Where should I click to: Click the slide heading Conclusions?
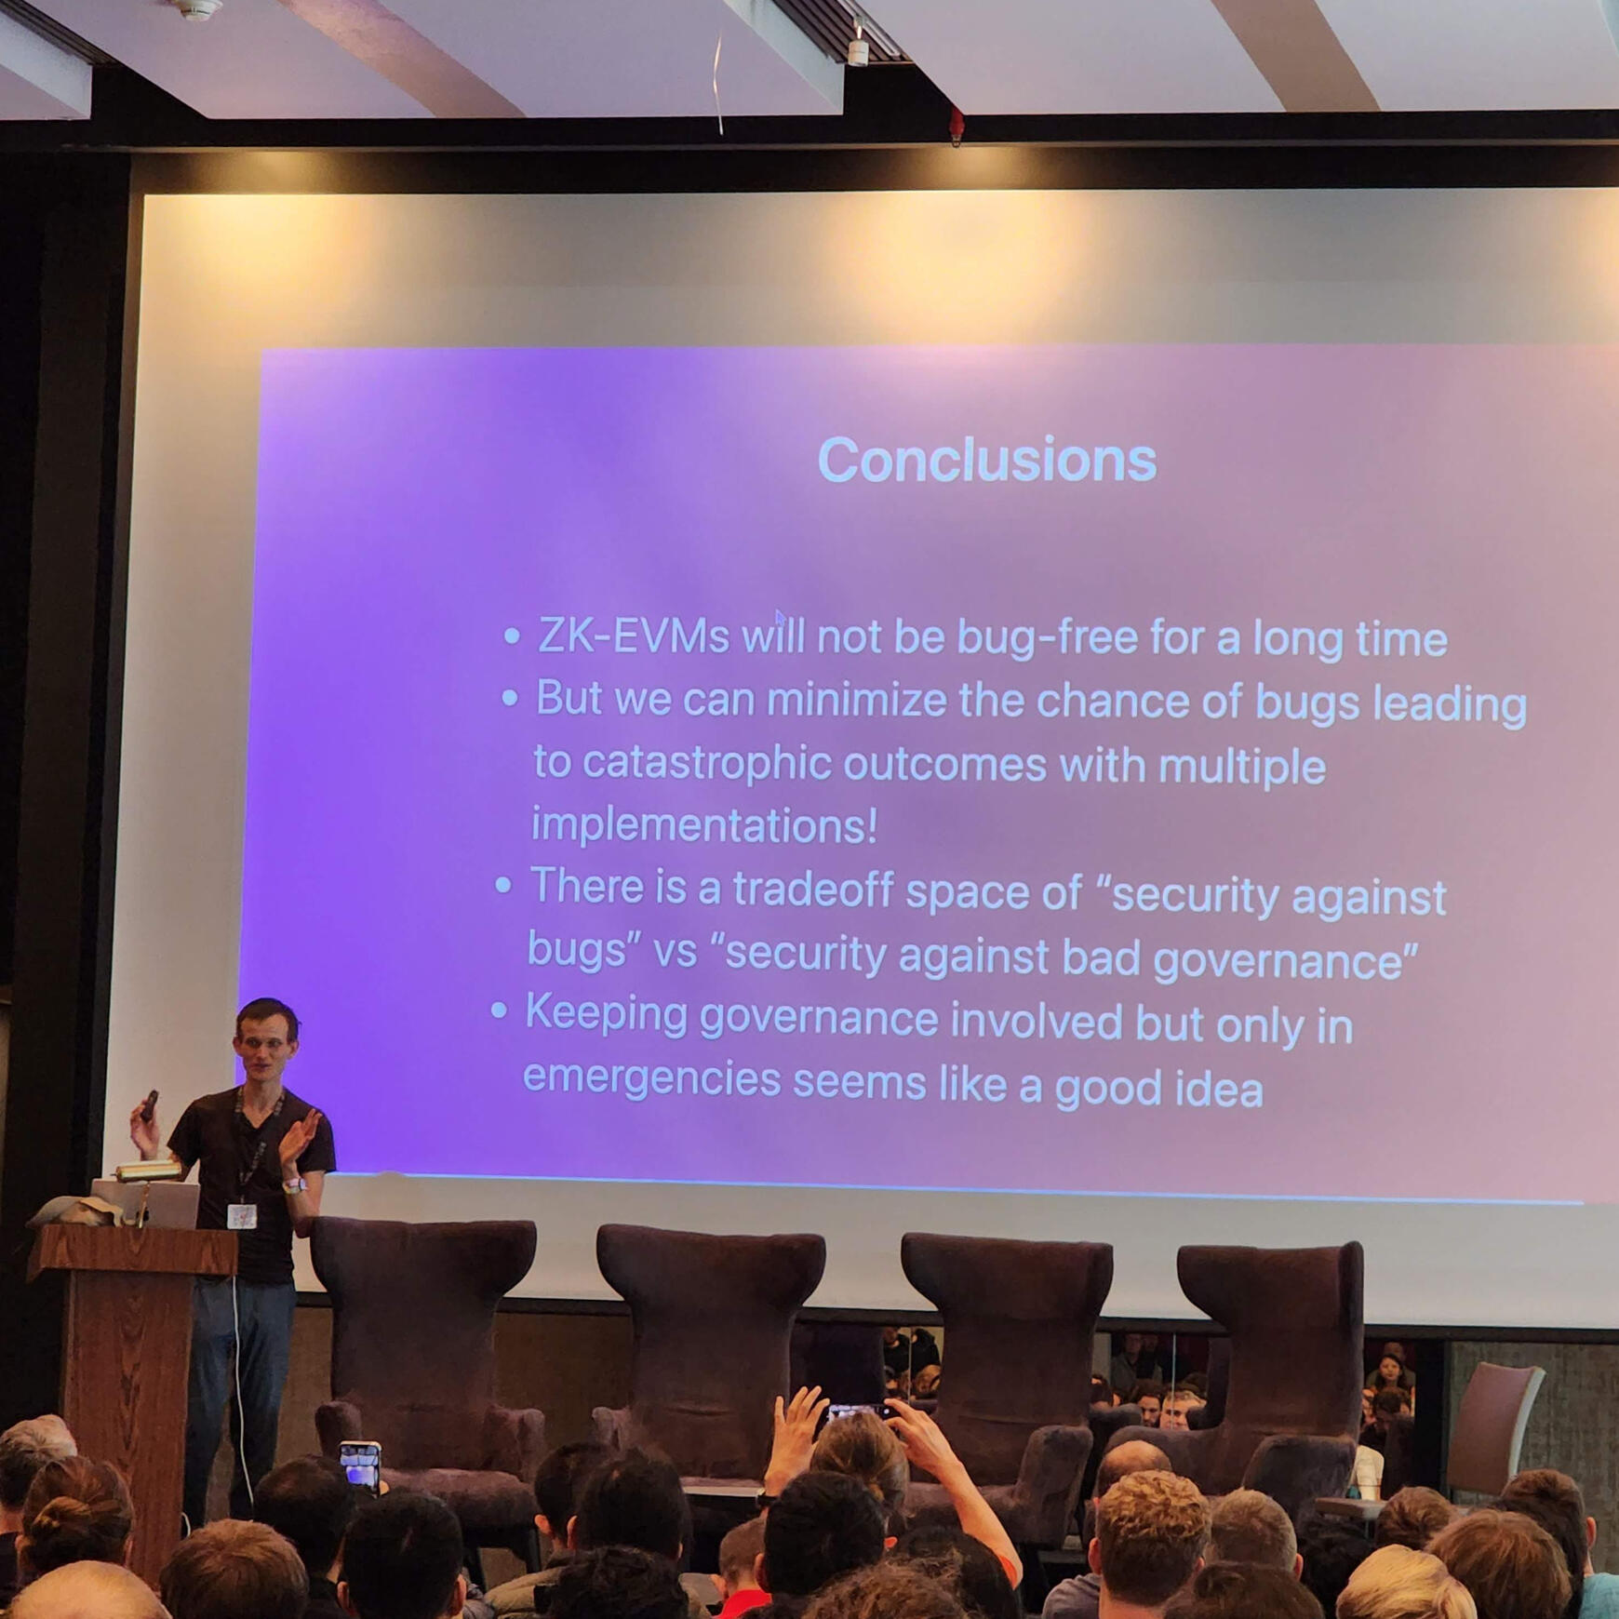[x=987, y=460]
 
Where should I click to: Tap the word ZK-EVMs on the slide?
[x=633, y=636]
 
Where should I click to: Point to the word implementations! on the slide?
[x=704, y=824]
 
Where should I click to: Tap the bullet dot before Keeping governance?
[x=499, y=1010]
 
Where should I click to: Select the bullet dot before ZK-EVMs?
[x=512, y=636]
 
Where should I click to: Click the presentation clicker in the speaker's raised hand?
[x=149, y=1105]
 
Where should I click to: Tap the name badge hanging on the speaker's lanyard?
[x=241, y=1216]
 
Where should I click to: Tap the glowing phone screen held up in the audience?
[x=361, y=1467]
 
